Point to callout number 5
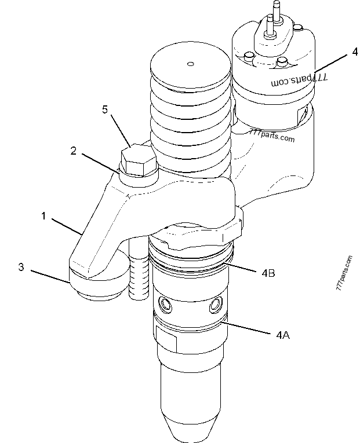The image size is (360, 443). (x=105, y=109)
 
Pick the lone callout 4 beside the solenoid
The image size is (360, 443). (x=354, y=52)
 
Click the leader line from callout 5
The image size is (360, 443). (x=120, y=130)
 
